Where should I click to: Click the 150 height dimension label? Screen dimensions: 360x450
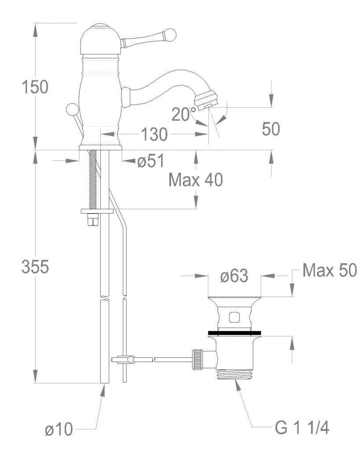click(35, 87)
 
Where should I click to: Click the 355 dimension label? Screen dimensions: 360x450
click(35, 267)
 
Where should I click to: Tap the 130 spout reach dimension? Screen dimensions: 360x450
click(154, 134)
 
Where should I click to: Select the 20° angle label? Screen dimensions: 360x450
click(184, 114)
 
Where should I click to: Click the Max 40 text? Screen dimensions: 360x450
click(196, 180)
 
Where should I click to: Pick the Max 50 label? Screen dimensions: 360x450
click(330, 270)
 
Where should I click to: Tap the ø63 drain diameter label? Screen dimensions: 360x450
click(234, 276)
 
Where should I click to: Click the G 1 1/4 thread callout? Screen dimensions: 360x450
click(302, 428)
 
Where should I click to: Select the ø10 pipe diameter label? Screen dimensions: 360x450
click(59, 430)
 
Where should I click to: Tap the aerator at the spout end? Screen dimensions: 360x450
click(206, 100)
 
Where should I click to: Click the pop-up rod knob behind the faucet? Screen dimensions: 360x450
click(71, 110)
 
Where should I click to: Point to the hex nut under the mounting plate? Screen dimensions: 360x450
click(93, 220)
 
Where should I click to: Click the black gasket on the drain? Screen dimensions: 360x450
click(235, 333)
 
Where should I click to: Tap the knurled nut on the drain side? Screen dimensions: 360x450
click(198, 359)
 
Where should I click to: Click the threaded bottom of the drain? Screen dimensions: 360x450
click(235, 374)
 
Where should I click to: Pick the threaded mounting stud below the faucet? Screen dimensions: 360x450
click(93, 180)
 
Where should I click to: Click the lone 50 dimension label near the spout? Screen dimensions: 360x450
click(271, 129)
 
